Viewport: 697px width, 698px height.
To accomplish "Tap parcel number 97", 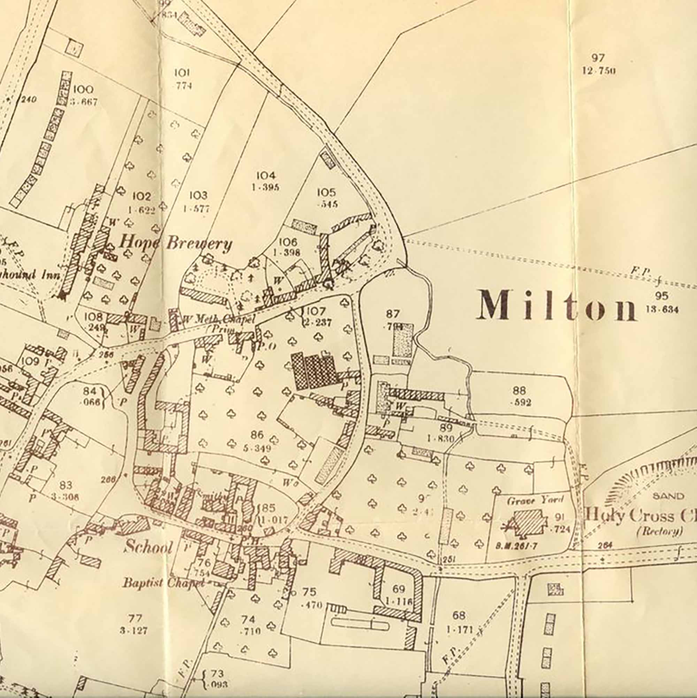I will [x=598, y=58].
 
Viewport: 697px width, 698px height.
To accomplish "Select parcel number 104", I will [x=266, y=176].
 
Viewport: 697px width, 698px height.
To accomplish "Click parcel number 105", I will [x=327, y=192].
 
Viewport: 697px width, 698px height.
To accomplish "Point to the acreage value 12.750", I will [x=599, y=71].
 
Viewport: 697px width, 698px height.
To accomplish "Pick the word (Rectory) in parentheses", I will [x=660, y=531].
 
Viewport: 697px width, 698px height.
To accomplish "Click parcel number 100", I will [x=83, y=90].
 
